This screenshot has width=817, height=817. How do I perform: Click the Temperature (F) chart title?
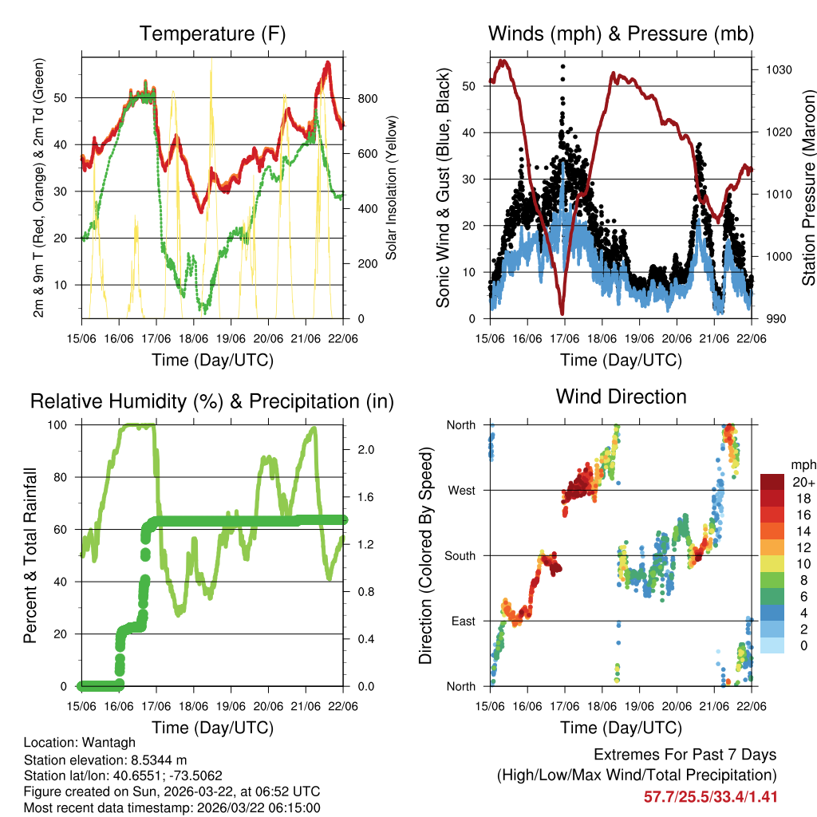tap(212, 34)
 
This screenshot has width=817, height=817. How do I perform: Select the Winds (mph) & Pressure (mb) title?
tap(621, 34)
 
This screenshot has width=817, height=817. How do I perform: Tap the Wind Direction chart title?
tap(621, 396)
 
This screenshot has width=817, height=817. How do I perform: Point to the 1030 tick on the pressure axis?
tap(777, 70)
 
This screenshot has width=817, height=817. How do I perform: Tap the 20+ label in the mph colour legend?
tap(803, 482)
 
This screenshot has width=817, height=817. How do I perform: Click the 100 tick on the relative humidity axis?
tap(62, 424)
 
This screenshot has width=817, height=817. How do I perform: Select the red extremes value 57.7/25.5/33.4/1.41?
tap(710, 796)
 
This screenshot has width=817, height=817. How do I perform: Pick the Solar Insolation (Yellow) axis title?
tap(392, 188)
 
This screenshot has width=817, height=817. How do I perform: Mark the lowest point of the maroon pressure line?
tap(562, 312)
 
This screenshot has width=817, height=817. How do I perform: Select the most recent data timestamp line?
tap(172, 807)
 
